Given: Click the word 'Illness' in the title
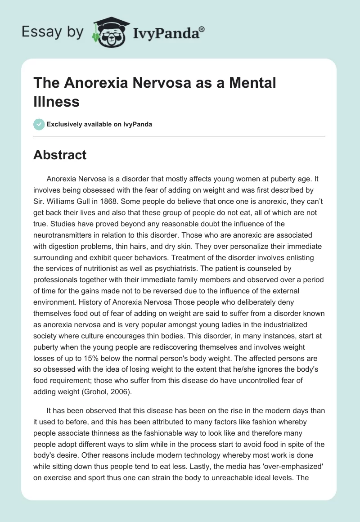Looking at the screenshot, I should [x=57, y=101].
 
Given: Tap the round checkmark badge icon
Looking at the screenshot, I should [x=39, y=124].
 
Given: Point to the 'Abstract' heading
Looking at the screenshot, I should [x=60, y=155].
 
